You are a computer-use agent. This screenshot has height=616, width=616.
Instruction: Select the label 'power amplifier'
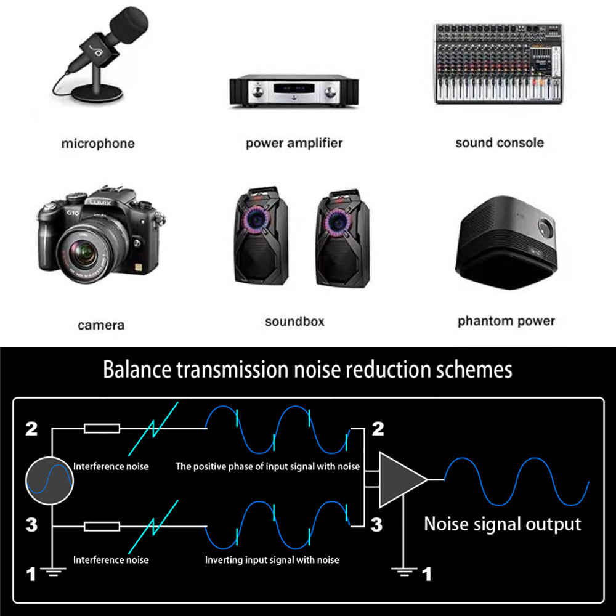point(294,144)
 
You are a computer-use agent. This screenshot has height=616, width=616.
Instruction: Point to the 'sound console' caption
point(500,143)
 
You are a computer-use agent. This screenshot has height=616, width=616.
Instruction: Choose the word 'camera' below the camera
point(101,325)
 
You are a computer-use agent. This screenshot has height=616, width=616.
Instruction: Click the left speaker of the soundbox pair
point(259,238)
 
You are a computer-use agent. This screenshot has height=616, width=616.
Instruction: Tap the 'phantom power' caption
point(506,321)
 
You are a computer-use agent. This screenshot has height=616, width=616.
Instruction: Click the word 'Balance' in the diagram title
point(137,370)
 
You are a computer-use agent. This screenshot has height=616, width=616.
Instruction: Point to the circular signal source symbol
point(50,479)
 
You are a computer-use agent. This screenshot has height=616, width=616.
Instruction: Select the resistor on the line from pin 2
point(102,428)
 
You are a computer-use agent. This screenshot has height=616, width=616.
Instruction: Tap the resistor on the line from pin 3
point(102,527)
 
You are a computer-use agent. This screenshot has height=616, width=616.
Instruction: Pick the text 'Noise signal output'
point(502,524)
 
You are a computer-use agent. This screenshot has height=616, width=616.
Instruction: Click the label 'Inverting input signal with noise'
point(272,560)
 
